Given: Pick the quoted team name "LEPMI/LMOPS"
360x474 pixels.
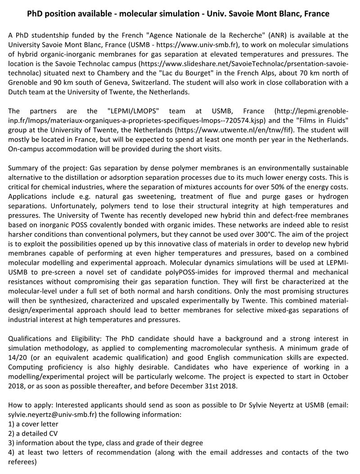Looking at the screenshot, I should (137, 111).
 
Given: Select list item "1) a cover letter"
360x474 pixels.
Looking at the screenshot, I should (33, 424).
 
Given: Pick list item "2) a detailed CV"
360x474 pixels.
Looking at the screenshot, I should (33, 434).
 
